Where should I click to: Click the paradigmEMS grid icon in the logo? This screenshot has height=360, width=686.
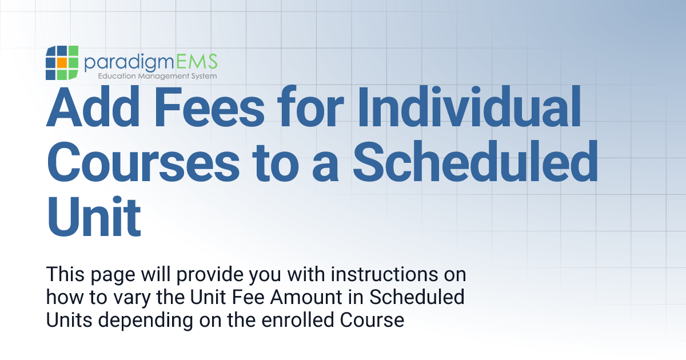(62, 63)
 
